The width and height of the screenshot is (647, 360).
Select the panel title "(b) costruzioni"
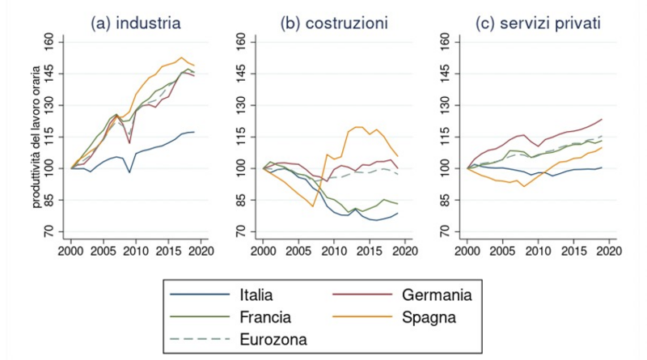click(333, 24)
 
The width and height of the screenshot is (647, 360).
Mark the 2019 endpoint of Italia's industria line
click(194, 132)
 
